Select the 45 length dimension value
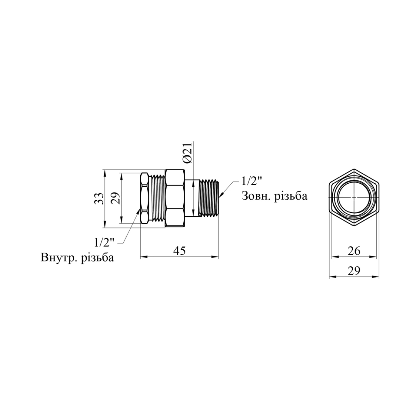click(179, 251)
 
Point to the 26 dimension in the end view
click(354, 251)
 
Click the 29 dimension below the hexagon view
click(354, 271)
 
